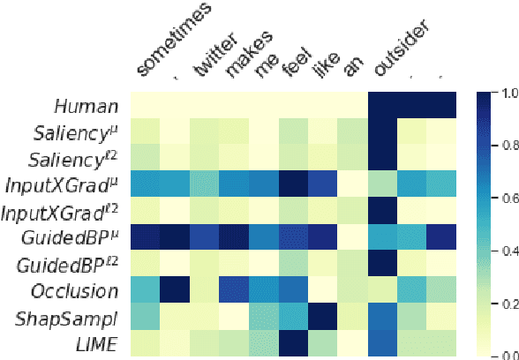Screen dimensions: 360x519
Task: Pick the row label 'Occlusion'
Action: pos(76,290)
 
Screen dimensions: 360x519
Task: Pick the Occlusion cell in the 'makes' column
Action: pos(235,290)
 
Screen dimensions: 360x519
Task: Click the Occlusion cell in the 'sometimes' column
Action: pos(146,290)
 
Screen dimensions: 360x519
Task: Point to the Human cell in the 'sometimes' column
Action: pos(146,106)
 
